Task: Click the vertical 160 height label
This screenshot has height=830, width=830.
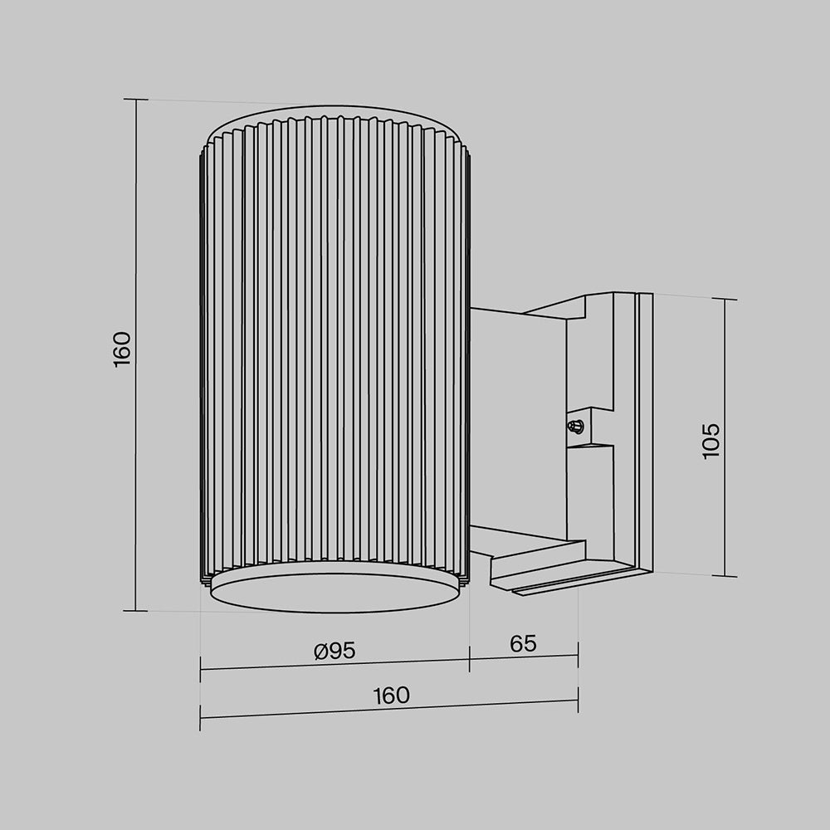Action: pos(122,349)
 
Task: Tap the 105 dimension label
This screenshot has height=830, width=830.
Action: pos(711,441)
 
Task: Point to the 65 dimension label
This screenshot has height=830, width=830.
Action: pos(523,643)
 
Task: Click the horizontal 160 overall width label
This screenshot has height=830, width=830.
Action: pos(391,696)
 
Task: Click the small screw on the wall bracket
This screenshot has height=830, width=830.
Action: pos(574,427)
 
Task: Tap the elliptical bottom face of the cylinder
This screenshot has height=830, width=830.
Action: pos(334,590)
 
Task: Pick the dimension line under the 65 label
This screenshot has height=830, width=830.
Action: pos(523,657)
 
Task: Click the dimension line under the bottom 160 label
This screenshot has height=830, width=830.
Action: pos(390,710)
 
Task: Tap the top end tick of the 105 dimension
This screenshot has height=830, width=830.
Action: pos(725,300)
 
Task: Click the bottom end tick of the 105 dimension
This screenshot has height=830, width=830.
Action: pos(725,576)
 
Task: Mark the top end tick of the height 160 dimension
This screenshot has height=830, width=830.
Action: pos(135,99)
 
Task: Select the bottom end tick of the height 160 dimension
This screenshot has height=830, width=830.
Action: pos(135,611)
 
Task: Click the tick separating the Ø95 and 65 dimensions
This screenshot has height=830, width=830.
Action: pos(470,660)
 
